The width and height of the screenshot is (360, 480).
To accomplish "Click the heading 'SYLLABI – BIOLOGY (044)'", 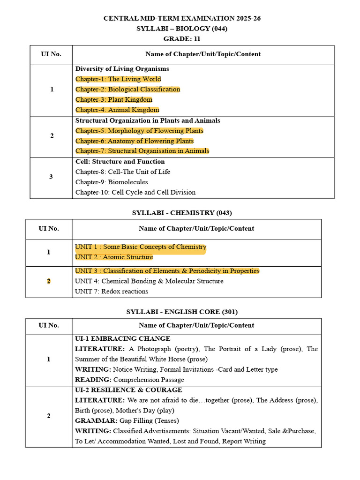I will pos(182,29).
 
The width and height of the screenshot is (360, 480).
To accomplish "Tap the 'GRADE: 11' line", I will pos(182,39).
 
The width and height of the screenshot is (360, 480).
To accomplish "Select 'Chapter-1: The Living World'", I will pos(118,79).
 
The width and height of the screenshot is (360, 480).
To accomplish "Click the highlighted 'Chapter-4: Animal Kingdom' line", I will pos(117,110).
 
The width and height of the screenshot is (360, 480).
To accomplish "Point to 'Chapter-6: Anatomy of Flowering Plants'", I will pos(135,141).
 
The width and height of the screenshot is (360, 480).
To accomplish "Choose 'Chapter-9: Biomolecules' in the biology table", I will pos(112,182).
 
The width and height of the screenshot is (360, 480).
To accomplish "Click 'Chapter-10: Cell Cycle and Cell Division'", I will pos(135,193).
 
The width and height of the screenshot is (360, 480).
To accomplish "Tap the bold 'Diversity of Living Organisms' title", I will pos(122,69).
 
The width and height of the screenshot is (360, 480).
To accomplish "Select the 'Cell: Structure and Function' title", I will pos(120,162).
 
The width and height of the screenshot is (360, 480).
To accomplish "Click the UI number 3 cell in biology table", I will pos(52,177).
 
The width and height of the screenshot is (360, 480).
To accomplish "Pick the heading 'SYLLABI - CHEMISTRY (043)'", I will pos(182,213).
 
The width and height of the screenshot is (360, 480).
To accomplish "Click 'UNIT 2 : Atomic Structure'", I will pos(114,257).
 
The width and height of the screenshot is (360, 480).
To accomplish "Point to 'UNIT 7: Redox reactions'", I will pos(112,292).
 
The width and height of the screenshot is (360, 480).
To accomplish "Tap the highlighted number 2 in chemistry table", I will pos(49,281).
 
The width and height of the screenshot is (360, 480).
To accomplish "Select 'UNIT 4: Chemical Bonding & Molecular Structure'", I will pos(149,281).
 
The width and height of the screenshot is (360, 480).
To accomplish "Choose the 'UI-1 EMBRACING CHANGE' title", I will pos(122,339).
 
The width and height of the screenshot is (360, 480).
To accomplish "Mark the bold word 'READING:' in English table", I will pos(93,380).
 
